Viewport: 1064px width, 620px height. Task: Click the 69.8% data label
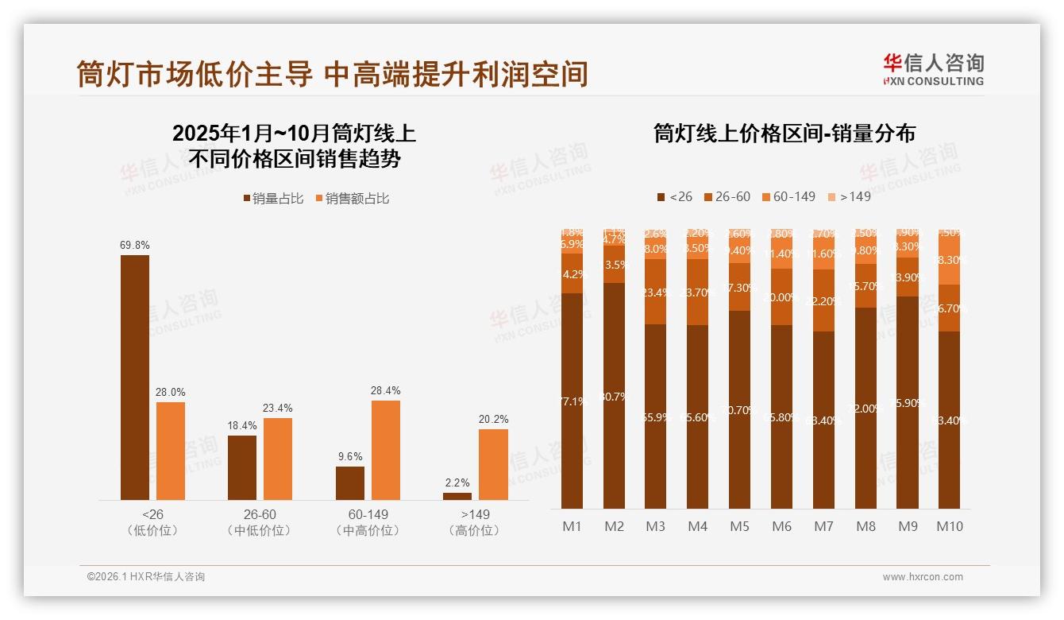pos(135,246)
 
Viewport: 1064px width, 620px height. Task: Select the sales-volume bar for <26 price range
pos(135,378)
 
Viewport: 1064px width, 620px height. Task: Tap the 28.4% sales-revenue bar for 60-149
pos(385,450)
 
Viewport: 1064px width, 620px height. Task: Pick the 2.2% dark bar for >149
pos(457,496)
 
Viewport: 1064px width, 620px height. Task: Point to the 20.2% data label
pos(493,419)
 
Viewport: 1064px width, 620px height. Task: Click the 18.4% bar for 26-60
pos(242,467)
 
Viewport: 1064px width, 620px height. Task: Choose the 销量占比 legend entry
pos(273,199)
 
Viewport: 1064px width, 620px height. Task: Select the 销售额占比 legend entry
pos(353,199)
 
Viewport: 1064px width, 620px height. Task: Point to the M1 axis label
pos(572,526)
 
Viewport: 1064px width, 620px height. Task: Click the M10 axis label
pos(950,526)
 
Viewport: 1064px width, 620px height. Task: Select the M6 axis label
pos(781,526)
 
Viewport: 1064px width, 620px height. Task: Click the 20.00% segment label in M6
pos(781,297)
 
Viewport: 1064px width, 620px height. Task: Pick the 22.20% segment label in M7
pos(823,301)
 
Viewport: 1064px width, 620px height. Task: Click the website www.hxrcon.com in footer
pos(923,577)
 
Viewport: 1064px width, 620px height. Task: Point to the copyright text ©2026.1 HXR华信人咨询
pos(146,577)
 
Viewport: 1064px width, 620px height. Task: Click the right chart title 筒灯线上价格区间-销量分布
pos(785,134)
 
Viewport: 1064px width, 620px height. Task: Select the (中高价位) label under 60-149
pos(368,530)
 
